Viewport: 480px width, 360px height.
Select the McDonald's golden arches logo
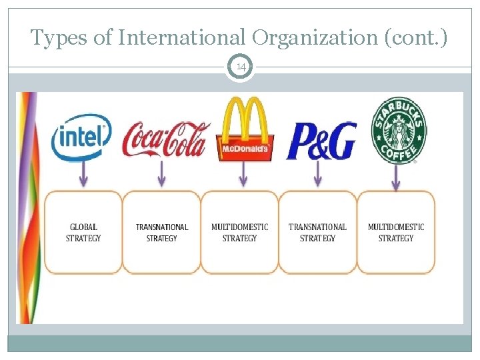pyautogui.click(x=244, y=129)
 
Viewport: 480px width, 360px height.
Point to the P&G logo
pyautogui.click(x=321, y=141)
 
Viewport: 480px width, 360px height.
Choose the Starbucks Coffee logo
pyautogui.click(x=400, y=131)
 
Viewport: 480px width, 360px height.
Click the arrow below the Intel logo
pyautogui.click(x=83, y=175)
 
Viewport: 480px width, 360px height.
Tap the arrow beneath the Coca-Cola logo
pyautogui.click(x=161, y=175)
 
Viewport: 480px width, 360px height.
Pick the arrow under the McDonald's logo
pyautogui.click(x=243, y=175)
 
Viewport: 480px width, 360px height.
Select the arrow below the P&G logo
pyautogui.click(x=318, y=175)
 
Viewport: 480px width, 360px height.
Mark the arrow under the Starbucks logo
pyautogui.click(x=397, y=176)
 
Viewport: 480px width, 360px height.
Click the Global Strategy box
pyautogui.click(x=83, y=232)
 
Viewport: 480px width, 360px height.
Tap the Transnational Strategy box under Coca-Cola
pyautogui.click(x=162, y=232)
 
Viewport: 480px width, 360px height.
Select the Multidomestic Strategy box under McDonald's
pyautogui.click(x=240, y=232)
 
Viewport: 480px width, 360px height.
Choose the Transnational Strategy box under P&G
pyautogui.click(x=318, y=232)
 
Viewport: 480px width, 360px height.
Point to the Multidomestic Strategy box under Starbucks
pyautogui.click(x=396, y=232)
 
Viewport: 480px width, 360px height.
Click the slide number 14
pyautogui.click(x=240, y=67)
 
